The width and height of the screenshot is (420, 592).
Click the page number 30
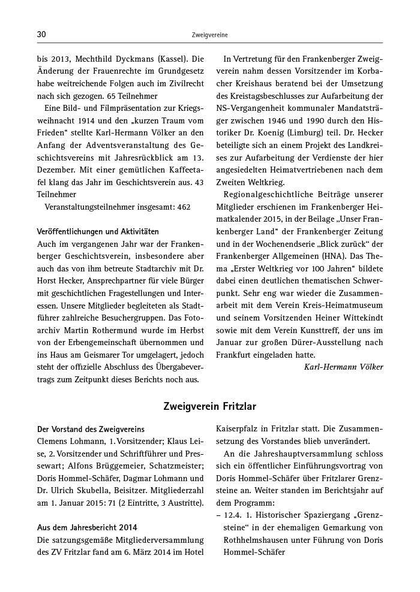[x=41, y=35]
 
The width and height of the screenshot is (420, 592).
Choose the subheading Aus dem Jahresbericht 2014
[x=87, y=527]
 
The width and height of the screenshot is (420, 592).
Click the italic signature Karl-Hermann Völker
[x=343, y=366]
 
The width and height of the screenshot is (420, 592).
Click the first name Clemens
[x=53, y=441]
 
